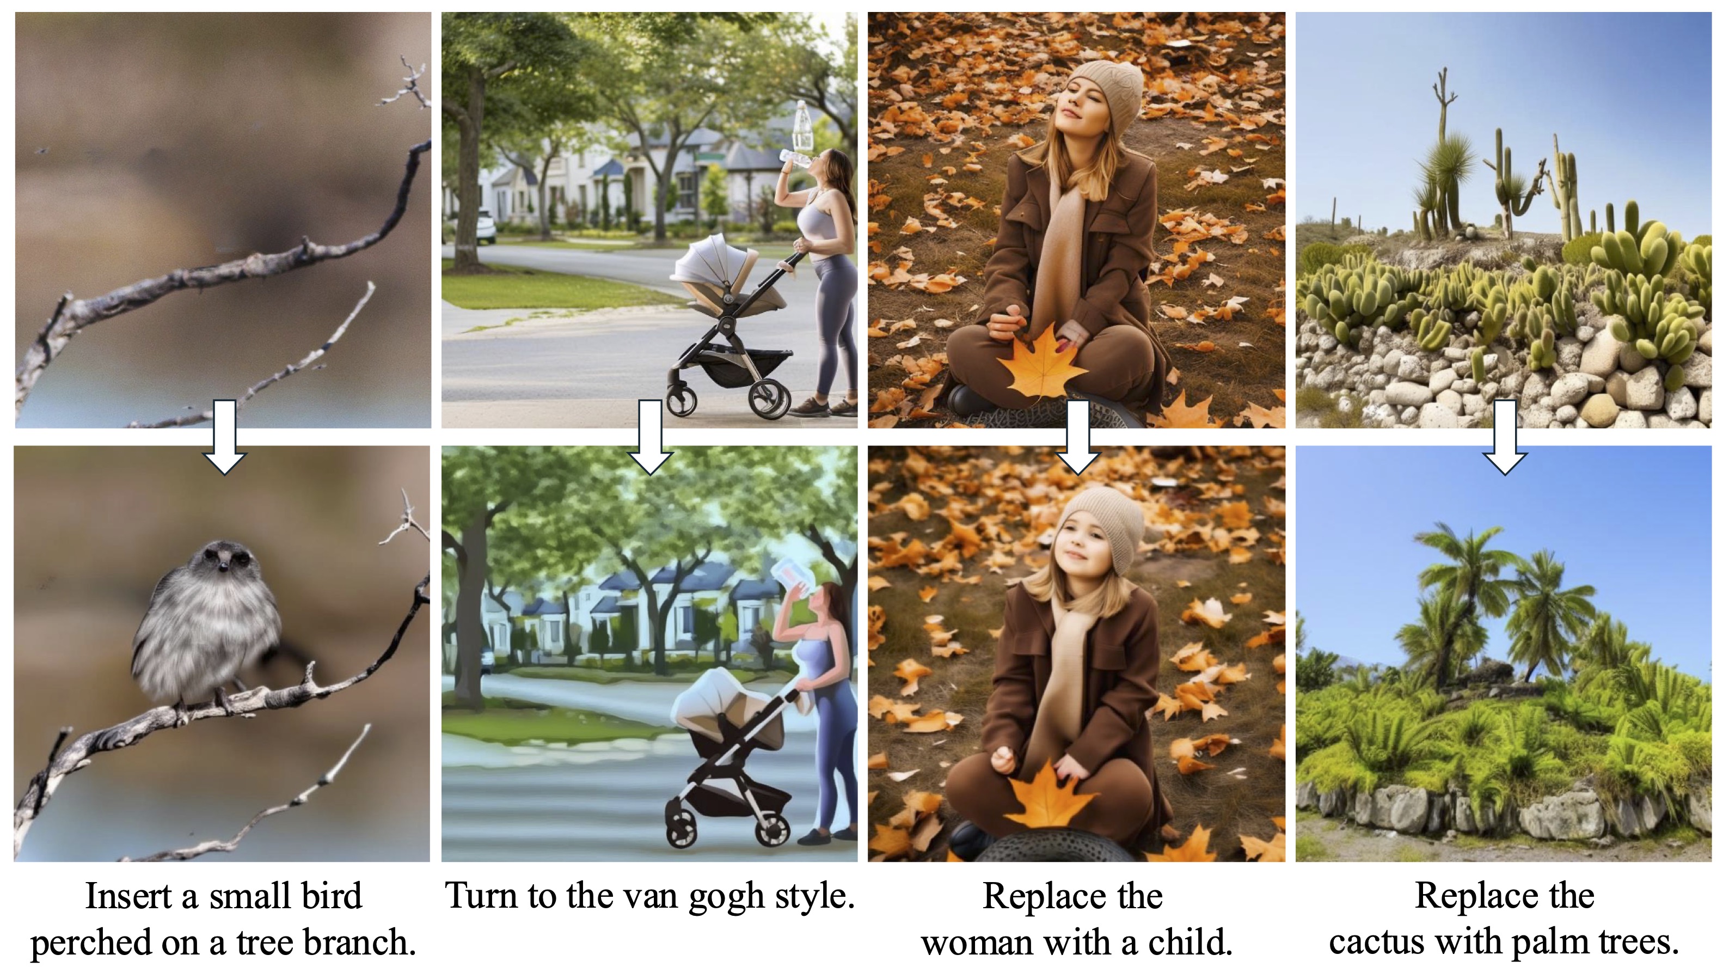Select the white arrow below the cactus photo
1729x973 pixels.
[1505, 437]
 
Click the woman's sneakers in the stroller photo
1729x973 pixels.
[824, 406]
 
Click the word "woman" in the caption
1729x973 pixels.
[974, 944]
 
